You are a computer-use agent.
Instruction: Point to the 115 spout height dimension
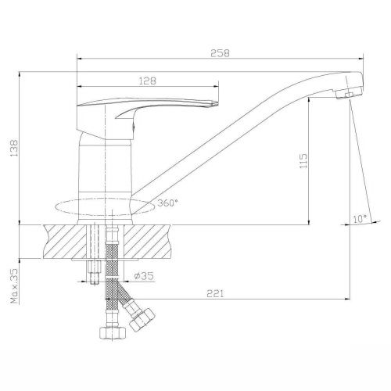click(x=304, y=160)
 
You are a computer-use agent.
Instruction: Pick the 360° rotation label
click(x=167, y=203)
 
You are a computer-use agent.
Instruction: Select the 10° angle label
click(x=359, y=220)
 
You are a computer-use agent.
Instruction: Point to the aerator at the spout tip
click(x=345, y=94)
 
